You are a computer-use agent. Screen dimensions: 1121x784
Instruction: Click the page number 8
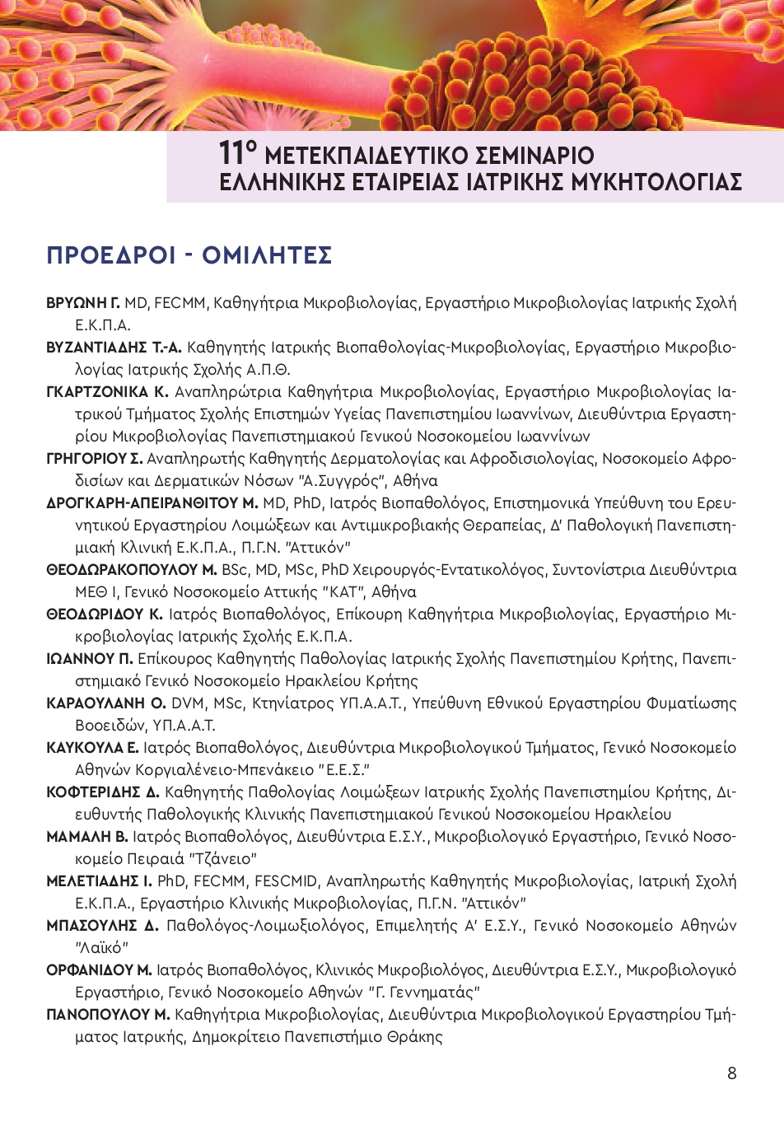[x=732, y=1073]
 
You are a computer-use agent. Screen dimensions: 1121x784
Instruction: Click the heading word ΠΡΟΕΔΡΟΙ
[x=111, y=255]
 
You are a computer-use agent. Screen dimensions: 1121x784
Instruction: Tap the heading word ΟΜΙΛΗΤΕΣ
[x=267, y=255]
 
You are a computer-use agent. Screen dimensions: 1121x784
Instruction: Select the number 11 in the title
[x=234, y=154]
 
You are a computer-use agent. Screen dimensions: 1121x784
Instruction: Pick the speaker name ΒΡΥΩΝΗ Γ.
[x=83, y=303]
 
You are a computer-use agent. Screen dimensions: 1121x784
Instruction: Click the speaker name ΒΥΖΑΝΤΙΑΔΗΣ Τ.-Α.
[x=114, y=348]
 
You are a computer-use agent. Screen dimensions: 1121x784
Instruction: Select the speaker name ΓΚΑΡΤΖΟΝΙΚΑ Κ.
[x=107, y=392]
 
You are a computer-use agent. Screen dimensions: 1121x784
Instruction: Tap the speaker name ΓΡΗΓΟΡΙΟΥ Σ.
[x=95, y=459]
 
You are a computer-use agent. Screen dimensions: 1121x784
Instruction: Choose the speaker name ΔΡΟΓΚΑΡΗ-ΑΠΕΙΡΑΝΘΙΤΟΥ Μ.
[x=152, y=503]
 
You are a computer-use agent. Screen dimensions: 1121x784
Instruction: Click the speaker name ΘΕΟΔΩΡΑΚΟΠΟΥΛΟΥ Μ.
[x=132, y=570]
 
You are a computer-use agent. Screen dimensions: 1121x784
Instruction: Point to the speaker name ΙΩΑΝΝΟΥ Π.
[x=90, y=659]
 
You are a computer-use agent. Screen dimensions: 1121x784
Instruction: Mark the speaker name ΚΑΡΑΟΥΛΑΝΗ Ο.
[x=106, y=703]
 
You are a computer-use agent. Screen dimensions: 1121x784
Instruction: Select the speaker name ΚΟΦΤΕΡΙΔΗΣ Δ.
[x=103, y=792]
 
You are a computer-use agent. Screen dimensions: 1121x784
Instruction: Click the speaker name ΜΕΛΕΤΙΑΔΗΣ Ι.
[x=99, y=881]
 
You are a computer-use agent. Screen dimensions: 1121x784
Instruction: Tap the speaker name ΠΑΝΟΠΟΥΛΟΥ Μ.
[x=108, y=1015]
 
